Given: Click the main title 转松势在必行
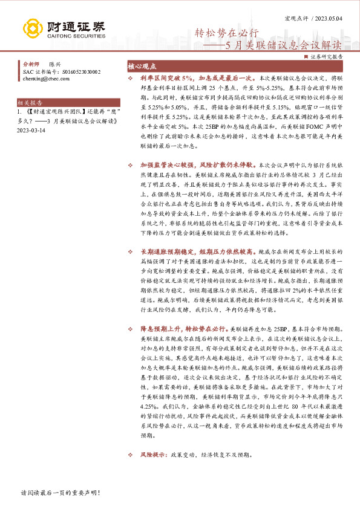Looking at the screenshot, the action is (x=231, y=33).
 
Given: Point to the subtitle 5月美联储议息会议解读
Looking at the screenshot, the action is (x=283, y=45).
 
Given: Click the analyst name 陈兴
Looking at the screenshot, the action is (x=56, y=63).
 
